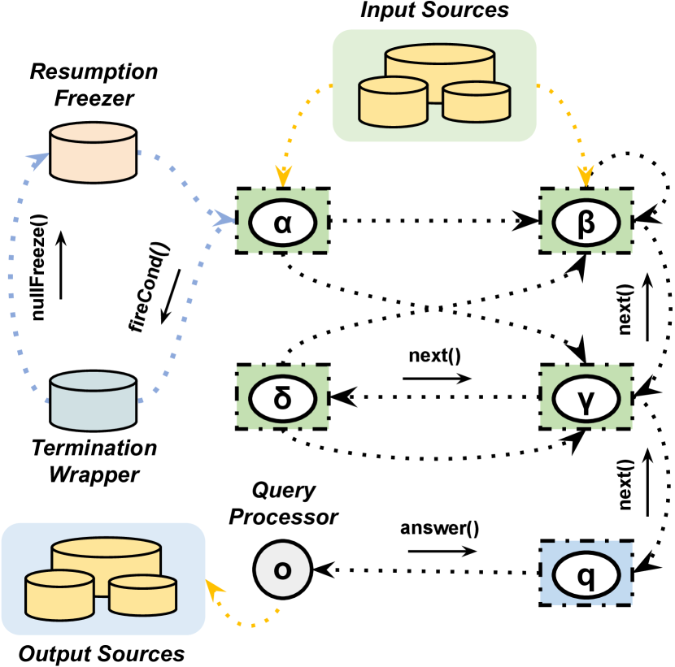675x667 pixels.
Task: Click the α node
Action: [x=283, y=222]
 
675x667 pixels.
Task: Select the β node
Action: [x=586, y=222]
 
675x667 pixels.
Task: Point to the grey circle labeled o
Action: [x=283, y=570]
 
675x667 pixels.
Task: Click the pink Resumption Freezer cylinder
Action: [x=93, y=152]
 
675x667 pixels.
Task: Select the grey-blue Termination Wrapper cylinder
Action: [x=93, y=401]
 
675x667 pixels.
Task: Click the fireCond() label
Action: [x=149, y=288]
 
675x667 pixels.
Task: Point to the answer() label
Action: [x=439, y=528]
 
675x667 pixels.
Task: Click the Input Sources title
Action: [x=434, y=10]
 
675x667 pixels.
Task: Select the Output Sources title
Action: [x=102, y=654]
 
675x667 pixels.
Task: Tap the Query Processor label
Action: [x=284, y=504]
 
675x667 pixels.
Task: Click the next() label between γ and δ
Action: [x=435, y=356]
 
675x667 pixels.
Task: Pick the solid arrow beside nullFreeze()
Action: [x=61, y=265]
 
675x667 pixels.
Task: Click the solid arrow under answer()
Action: [x=442, y=551]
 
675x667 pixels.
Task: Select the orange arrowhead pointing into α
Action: [x=283, y=176]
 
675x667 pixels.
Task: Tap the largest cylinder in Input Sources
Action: [x=439, y=73]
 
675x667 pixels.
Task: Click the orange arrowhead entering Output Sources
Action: [x=214, y=587]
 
